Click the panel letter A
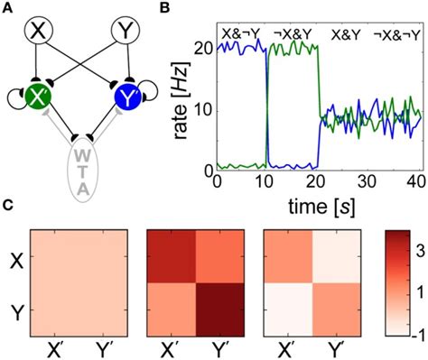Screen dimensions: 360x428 8,9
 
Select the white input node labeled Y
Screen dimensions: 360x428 125,33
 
